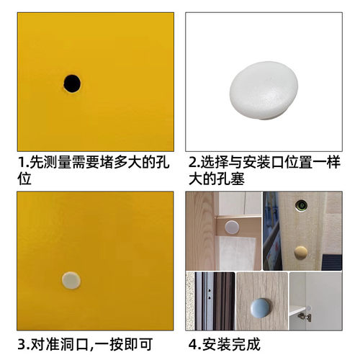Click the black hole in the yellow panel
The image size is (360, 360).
(72, 83)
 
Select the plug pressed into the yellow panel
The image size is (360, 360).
(70, 279)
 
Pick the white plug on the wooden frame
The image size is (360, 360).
(232, 227)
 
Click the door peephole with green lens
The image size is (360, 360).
(301, 206)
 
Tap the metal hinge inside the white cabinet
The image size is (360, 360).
(305, 315)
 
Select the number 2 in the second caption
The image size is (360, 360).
(192, 163)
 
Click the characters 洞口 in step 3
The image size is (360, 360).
(77, 343)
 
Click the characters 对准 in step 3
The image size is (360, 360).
(44, 343)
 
